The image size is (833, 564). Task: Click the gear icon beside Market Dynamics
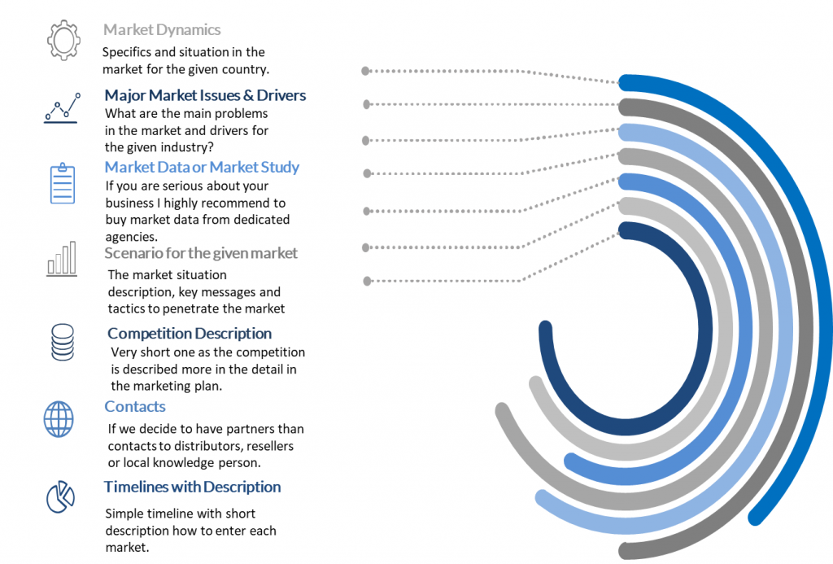click(x=63, y=41)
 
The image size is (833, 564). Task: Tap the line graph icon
click(x=62, y=108)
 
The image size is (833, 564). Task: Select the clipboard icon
click(x=63, y=183)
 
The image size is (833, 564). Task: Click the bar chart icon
click(x=62, y=259)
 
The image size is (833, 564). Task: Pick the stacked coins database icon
click(x=62, y=342)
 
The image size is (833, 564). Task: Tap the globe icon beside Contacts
click(x=59, y=419)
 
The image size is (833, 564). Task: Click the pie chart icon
click(x=60, y=497)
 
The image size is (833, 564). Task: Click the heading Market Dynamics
click(x=162, y=30)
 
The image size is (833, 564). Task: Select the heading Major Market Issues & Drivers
click(x=205, y=95)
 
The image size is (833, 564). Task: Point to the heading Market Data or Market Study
click(x=202, y=167)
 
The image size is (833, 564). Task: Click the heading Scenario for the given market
click(x=201, y=253)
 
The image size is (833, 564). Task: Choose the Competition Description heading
click(x=190, y=334)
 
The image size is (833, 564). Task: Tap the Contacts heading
click(x=135, y=407)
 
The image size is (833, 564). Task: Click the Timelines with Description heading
click(x=192, y=487)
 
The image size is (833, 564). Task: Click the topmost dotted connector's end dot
click(x=365, y=71)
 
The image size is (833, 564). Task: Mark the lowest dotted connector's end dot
click(x=367, y=281)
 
